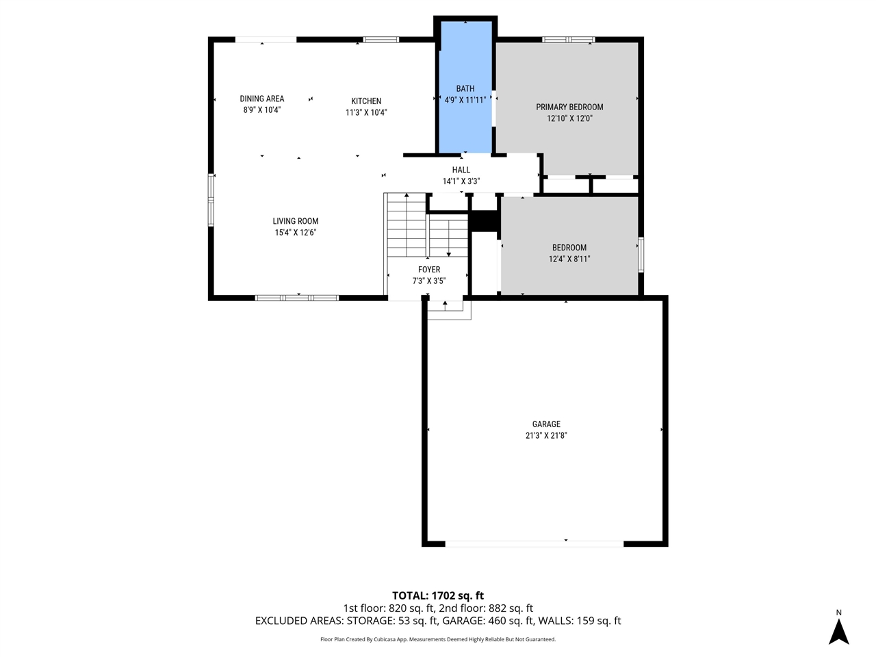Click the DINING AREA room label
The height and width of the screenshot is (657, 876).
click(261, 99)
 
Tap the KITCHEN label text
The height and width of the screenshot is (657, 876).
click(366, 101)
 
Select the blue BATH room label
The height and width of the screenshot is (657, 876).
click(465, 88)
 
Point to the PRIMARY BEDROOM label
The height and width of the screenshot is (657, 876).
click(569, 107)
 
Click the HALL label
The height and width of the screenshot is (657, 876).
click(461, 170)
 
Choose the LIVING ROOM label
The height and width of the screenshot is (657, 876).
click(296, 221)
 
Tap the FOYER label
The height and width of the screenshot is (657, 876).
click(429, 270)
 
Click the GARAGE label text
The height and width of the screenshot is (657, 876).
click(546, 424)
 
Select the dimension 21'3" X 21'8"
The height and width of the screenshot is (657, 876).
click(546, 435)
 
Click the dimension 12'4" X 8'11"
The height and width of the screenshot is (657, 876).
click(569, 259)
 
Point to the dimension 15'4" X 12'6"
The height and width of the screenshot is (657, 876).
click(296, 233)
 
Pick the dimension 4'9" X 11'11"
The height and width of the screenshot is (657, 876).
click(465, 100)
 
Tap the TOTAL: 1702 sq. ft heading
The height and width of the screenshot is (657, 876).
click(438, 595)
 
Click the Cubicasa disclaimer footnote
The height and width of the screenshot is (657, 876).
click(438, 639)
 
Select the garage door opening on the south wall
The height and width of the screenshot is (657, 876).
click(534, 543)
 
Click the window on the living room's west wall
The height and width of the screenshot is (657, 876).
click(211, 200)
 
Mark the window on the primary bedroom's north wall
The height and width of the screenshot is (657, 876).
click(568, 40)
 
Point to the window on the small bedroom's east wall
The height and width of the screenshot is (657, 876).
click(641, 254)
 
